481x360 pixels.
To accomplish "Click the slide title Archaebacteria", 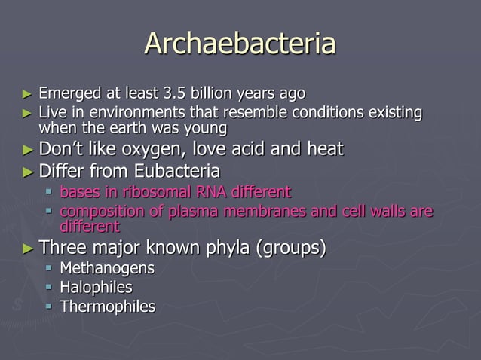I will pyautogui.click(x=240, y=44).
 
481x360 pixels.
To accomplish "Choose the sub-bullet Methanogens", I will pyautogui.click(x=107, y=268).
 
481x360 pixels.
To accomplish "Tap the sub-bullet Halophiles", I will pyautogui.click(x=96, y=287).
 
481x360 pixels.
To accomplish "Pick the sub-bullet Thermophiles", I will pyautogui.click(x=108, y=306).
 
